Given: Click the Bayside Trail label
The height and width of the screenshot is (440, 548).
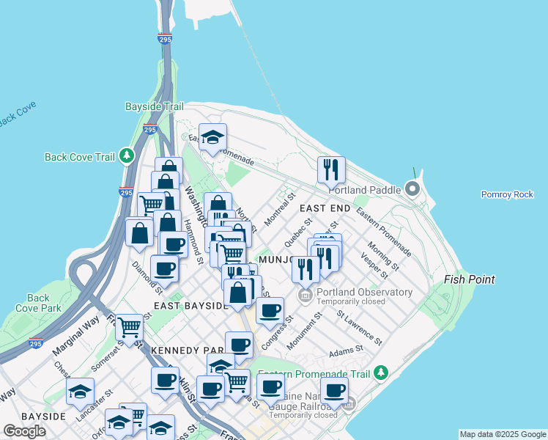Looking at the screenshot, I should point(153,107).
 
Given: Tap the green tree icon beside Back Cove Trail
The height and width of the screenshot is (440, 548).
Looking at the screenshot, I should point(127,156).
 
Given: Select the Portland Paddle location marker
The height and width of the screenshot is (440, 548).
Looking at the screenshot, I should point(412,191).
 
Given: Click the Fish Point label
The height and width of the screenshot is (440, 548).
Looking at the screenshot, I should point(470,279).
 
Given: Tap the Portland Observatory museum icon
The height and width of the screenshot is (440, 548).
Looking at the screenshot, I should point(306,295).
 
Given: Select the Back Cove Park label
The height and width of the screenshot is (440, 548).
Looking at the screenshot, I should point(38,303).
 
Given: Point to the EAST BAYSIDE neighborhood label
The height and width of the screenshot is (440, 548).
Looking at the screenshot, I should point(190,305).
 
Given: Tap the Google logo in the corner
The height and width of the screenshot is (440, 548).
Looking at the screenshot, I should point(24,431).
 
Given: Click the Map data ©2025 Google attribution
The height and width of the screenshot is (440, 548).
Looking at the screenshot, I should point(503,434).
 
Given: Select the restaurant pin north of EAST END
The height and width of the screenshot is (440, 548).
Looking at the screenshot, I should point(331,170).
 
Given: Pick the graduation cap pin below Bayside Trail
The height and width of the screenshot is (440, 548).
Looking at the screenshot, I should point(212,137).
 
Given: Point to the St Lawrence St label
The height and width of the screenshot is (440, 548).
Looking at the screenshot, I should point(359,326).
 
